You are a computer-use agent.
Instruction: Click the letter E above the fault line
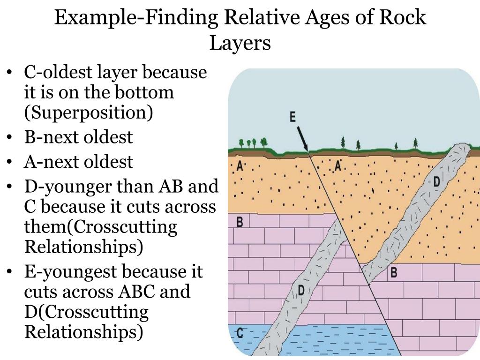click(292, 117)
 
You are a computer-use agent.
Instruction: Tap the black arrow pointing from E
click(302, 139)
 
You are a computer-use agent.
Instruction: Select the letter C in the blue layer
click(240, 333)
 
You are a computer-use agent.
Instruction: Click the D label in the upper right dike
click(436, 181)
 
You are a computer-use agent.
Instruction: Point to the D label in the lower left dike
click(301, 290)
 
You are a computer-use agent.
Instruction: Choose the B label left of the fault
click(240, 222)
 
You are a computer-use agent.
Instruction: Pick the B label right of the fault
click(394, 271)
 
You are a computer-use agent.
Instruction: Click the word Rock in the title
click(403, 18)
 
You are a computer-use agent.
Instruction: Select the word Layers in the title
click(240, 43)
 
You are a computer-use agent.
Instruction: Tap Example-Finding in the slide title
click(136, 18)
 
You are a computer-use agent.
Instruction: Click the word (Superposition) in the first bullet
click(89, 113)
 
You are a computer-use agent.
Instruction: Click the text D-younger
click(65, 187)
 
